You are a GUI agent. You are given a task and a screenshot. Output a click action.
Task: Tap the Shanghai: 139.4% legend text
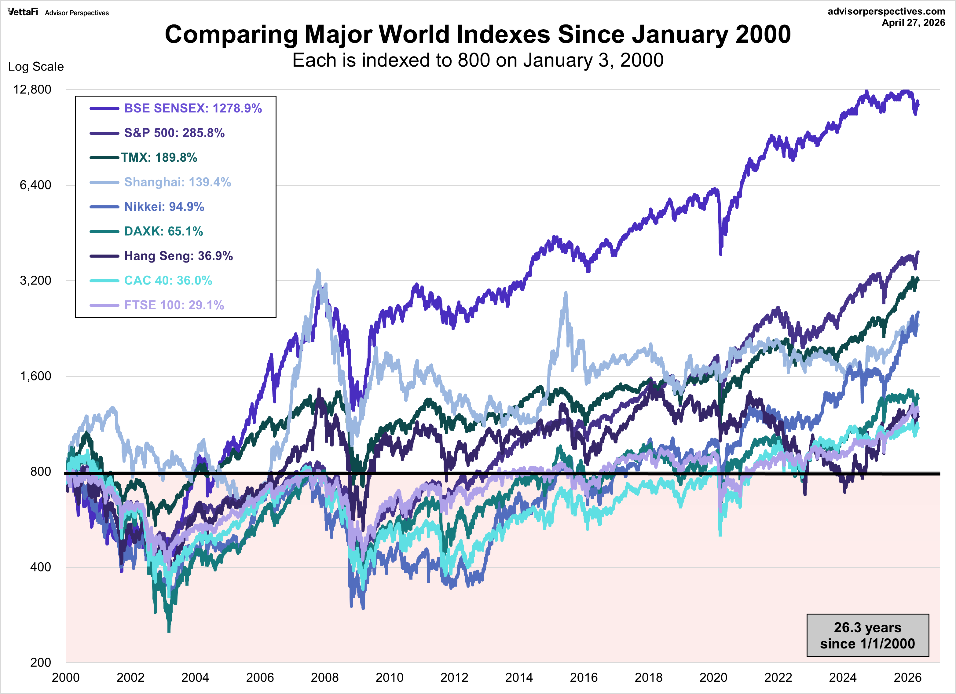click(x=178, y=182)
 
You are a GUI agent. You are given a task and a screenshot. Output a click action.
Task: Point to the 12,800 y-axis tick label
click(x=32, y=89)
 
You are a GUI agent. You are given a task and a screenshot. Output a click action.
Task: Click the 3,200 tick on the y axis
click(x=35, y=281)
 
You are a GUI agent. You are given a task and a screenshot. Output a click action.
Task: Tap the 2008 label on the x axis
click(x=324, y=677)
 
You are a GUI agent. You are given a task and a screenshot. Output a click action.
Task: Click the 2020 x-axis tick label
click(x=713, y=677)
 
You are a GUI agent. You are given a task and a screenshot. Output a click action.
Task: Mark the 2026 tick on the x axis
click(x=907, y=677)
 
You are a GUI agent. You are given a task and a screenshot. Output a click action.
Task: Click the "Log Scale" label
click(x=36, y=67)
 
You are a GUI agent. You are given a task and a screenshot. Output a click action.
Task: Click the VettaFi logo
click(x=23, y=12)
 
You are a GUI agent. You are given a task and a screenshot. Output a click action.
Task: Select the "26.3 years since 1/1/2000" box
click(x=867, y=635)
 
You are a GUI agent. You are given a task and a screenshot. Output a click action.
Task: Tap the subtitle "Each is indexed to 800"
click(x=478, y=60)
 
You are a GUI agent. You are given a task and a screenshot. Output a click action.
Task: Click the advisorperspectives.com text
click(x=886, y=11)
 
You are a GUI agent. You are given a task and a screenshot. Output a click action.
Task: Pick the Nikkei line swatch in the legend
click(x=104, y=207)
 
